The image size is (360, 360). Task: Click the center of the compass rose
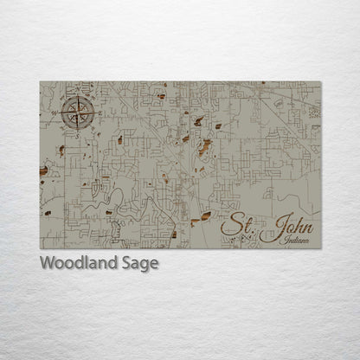78,112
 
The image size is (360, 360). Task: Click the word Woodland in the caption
77,264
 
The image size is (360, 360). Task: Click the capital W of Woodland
47,264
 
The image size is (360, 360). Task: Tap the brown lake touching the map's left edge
43,172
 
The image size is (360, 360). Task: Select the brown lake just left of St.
206,217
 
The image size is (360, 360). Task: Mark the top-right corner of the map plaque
321,81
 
